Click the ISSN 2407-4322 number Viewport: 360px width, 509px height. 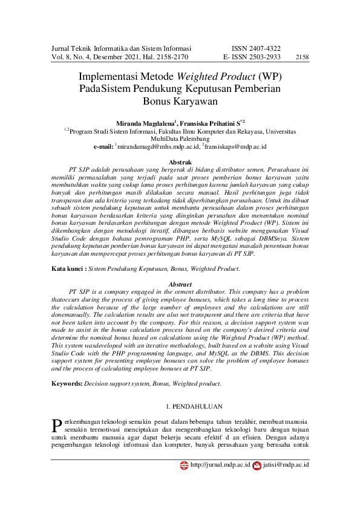[x=256, y=48]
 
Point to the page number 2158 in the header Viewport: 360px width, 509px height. [x=302, y=57]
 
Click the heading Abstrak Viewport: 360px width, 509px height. [x=180, y=163]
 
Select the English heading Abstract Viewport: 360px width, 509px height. [x=180, y=284]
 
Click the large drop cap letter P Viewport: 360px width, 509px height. [x=57, y=424]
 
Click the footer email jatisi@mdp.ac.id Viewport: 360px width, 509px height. [x=286, y=465]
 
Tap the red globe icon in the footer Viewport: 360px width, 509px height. [x=185, y=465]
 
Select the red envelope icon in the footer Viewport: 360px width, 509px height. [x=257, y=465]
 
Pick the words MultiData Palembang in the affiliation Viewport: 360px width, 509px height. [x=180, y=138]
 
